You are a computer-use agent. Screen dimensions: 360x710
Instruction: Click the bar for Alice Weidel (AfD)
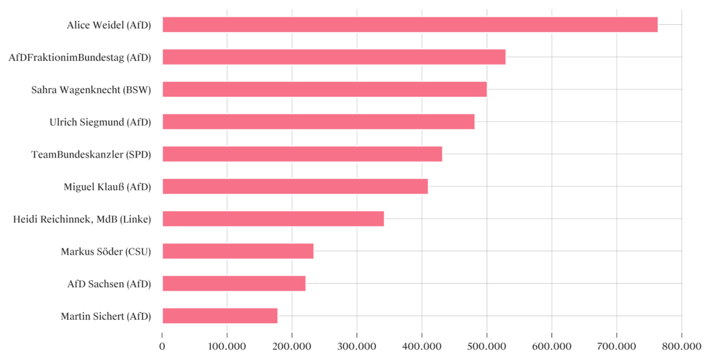click(x=410, y=25)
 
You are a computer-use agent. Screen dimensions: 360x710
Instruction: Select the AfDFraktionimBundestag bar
click(x=334, y=57)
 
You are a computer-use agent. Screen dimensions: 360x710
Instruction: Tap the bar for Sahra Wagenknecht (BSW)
click(x=324, y=89)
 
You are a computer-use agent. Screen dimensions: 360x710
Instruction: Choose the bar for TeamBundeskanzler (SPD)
click(x=302, y=154)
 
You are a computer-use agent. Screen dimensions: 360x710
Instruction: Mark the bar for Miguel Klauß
click(x=295, y=186)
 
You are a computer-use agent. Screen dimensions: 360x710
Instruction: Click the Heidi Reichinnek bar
click(x=273, y=218)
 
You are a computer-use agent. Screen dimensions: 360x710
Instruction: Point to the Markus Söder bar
click(x=238, y=251)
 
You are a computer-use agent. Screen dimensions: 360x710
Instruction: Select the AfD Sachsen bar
click(x=234, y=283)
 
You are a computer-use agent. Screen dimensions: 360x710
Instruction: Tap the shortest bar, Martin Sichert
click(x=220, y=316)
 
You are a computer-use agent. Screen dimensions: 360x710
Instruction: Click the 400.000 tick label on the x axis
click(x=422, y=345)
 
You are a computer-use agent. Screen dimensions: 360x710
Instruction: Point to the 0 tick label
click(x=162, y=345)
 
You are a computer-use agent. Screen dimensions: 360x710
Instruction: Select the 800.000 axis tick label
click(x=681, y=345)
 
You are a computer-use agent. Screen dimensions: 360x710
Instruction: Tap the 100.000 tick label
click(x=227, y=345)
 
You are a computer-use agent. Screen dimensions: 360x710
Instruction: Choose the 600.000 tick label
click(x=551, y=345)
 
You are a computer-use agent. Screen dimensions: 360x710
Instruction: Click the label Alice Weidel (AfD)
click(x=109, y=25)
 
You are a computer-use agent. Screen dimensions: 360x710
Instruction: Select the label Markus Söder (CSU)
click(x=106, y=251)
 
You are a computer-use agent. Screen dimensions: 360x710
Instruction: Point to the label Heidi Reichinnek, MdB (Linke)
click(x=82, y=218)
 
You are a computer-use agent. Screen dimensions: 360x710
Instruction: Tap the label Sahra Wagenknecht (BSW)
click(x=91, y=89)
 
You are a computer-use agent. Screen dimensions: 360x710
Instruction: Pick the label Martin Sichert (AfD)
click(x=105, y=316)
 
